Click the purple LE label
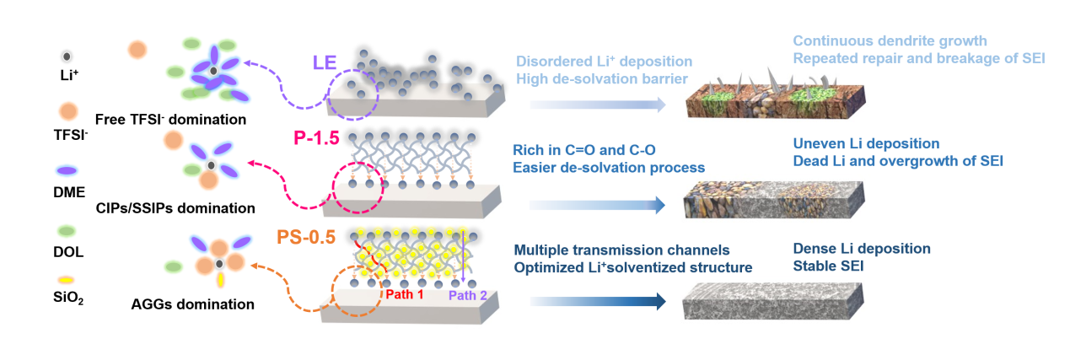click(325, 62)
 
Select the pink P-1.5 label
click(316, 138)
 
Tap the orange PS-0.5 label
click(306, 237)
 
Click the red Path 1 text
click(405, 294)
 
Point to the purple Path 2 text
click(468, 296)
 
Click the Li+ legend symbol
click(67, 56)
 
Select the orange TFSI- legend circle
click(68, 111)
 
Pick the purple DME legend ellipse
click(67, 170)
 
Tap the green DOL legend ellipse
click(67, 232)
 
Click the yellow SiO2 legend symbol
click(67, 280)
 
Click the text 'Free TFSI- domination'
click(170, 120)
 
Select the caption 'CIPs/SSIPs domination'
click(175, 208)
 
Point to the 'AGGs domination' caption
click(192, 304)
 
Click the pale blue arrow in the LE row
click(598, 105)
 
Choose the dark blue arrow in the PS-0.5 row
click(598, 301)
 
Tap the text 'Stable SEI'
click(828, 266)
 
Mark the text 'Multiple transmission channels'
click(621, 250)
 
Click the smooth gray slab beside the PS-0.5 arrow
click(773, 301)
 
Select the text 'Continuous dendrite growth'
click(890, 41)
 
